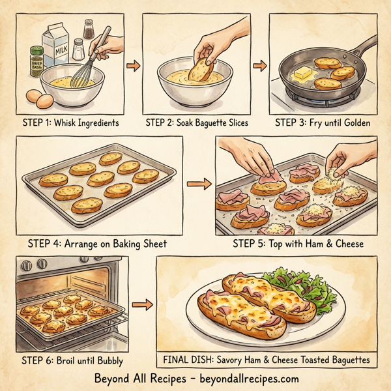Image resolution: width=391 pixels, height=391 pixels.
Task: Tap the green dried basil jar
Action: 35,59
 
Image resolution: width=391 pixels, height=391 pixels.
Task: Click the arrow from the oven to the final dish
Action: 140,304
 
